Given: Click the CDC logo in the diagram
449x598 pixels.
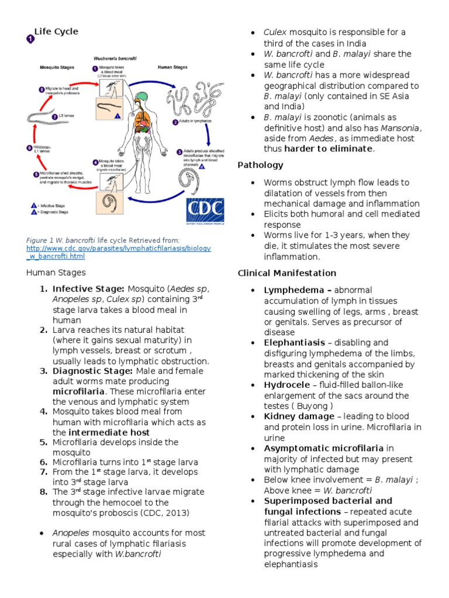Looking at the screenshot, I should click(x=205, y=211).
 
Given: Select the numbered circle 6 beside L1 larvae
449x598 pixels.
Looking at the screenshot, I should click(x=29, y=148).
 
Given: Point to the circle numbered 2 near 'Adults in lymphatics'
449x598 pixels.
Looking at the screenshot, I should click(x=174, y=123).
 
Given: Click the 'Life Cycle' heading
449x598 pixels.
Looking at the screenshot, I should click(x=56, y=32).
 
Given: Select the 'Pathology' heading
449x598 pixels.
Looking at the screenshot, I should click(x=260, y=165).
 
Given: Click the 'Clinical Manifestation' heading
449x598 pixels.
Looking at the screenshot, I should click(x=286, y=273).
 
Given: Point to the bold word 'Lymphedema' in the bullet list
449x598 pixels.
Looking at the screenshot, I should click(x=289, y=290).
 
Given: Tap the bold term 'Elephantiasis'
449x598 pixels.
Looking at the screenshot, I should click(x=293, y=343).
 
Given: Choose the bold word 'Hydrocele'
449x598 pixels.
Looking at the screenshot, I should click(x=285, y=385).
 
